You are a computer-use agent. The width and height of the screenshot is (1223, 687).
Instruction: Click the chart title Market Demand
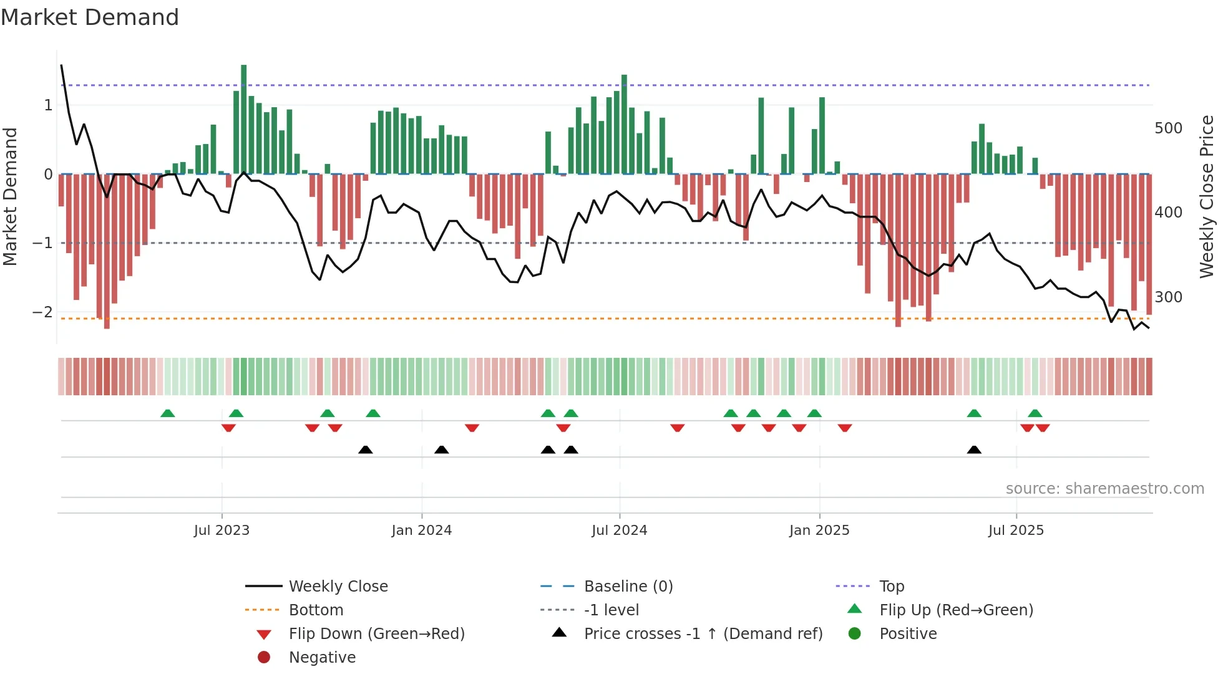point(90,17)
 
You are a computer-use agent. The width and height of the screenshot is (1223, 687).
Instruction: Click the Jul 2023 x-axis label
point(222,531)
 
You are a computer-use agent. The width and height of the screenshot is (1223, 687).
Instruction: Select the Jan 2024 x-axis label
point(421,531)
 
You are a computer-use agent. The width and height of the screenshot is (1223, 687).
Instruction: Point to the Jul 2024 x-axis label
point(619,531)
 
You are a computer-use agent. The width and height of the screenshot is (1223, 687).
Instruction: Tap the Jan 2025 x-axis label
point(819,531)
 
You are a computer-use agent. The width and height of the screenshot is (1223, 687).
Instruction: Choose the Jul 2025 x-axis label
point(1016,531)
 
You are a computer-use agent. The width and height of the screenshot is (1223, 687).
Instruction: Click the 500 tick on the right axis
point(1168,128)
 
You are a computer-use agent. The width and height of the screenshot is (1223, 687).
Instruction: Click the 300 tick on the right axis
point(1168,297)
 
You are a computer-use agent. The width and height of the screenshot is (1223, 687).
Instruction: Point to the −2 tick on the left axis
point(42,312)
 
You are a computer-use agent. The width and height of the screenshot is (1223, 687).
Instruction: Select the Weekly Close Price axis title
point(1207,196)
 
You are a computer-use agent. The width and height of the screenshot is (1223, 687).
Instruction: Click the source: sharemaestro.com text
point(1104,489)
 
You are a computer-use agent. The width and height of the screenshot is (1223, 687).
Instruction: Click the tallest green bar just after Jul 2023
point(243,118)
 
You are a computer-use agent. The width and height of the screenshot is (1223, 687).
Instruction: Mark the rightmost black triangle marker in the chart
point(974,449)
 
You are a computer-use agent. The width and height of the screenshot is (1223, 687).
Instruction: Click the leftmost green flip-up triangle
point(167,413)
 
